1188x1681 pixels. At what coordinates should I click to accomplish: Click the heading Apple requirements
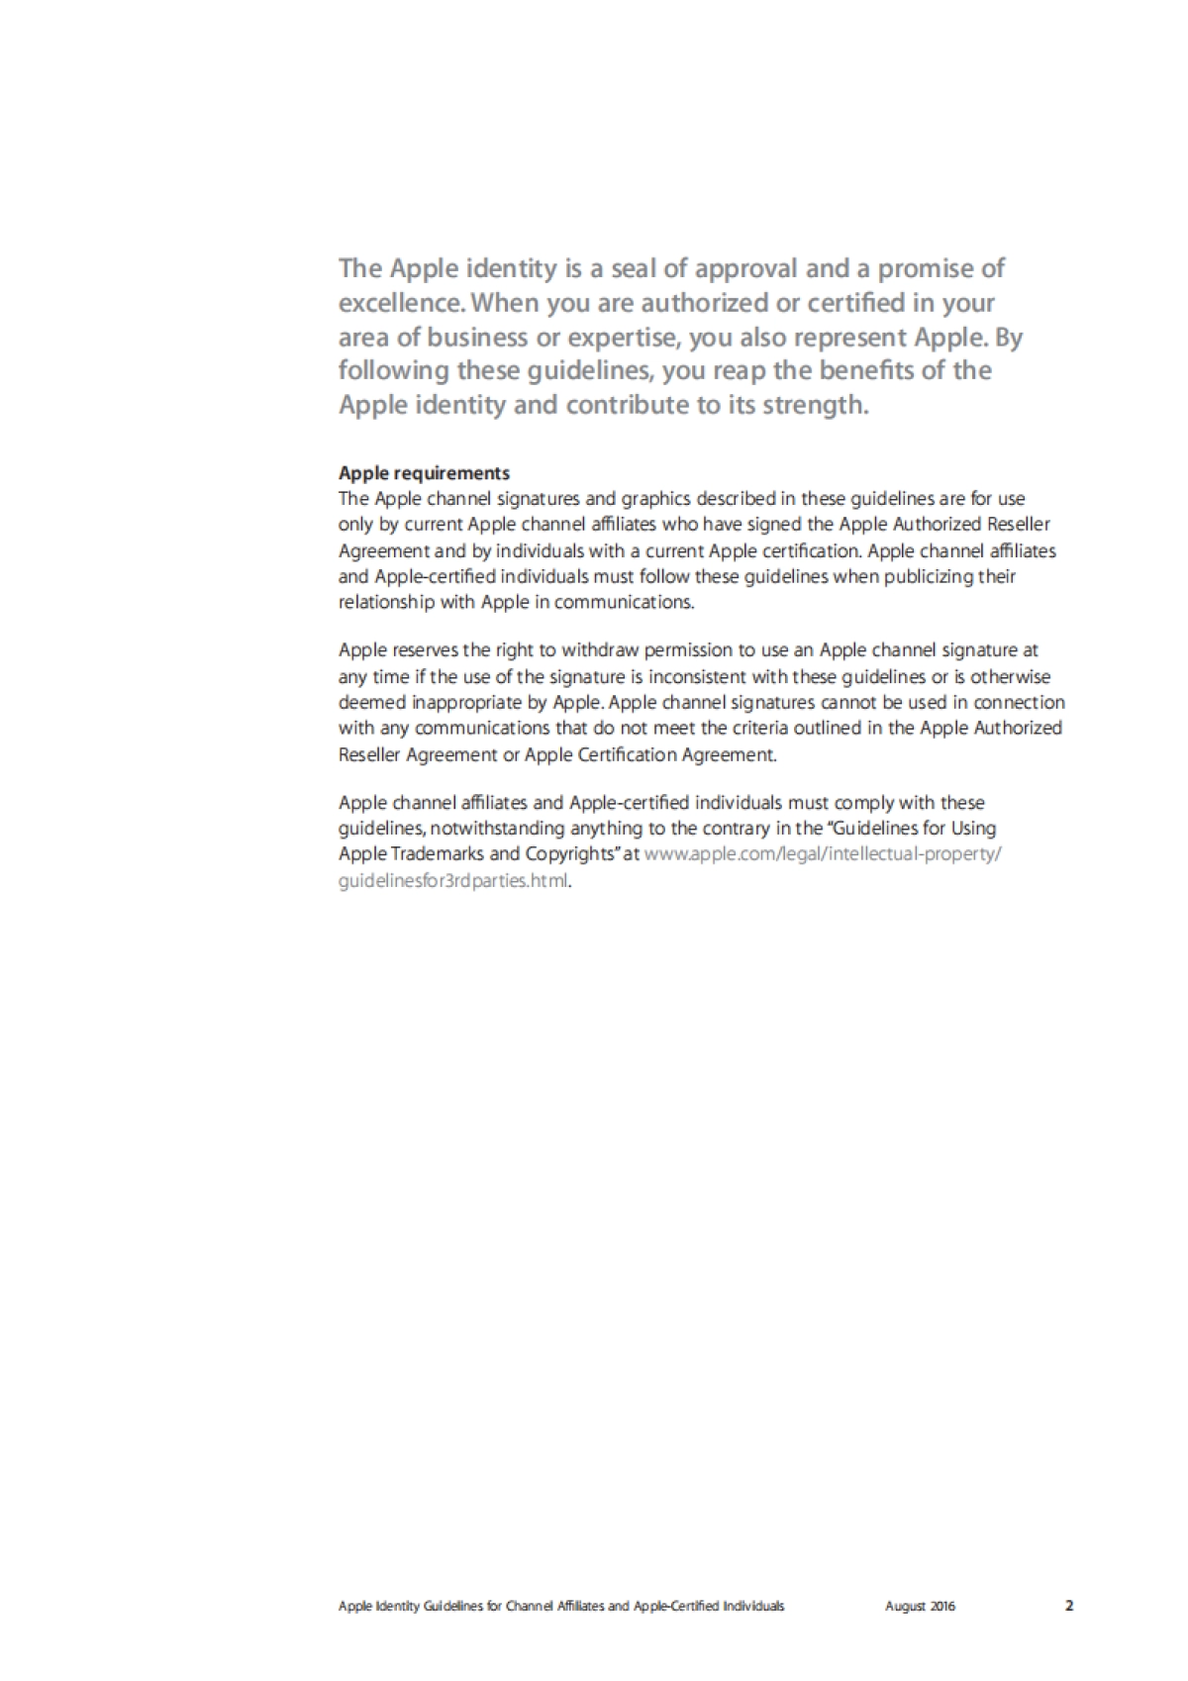pos(424,473)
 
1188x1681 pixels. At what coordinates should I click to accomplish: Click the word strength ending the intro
pos(815,405)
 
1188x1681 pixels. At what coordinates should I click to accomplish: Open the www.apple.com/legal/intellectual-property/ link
pos(823,854)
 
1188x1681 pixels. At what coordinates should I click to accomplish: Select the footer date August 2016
pos(920,1607)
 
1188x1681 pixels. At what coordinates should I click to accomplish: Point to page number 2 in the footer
pos(1069,1607)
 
